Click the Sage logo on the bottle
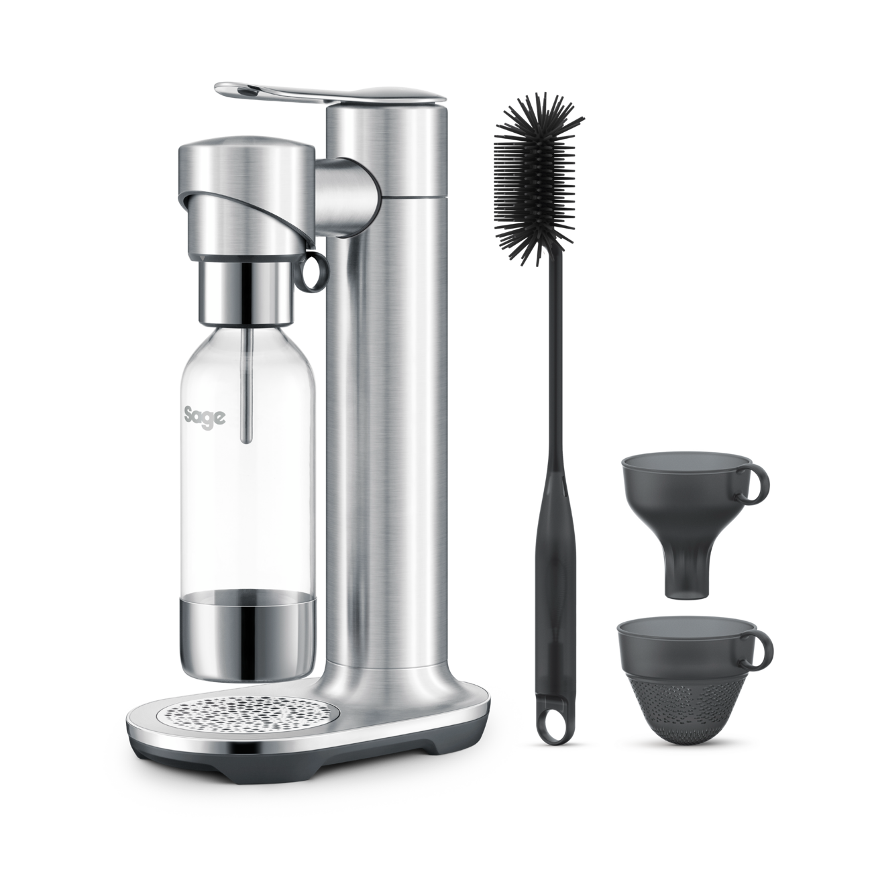pyautogui.click(x=205, y=417)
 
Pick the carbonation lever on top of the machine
pyautogui.click(x=330, y=95)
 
